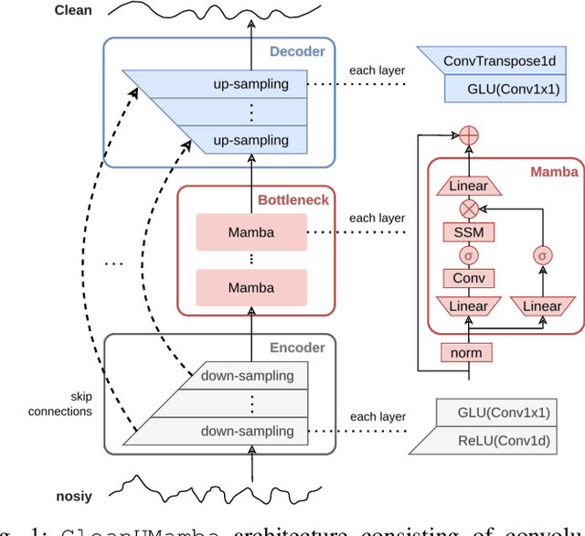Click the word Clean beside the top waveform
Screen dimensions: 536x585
point(73,11)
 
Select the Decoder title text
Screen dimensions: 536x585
point(296,52)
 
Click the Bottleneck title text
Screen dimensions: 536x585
point(293,199)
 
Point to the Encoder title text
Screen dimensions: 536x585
point(297,348)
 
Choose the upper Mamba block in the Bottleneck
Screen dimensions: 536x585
point(250,232)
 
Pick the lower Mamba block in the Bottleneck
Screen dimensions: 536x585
point(250,287)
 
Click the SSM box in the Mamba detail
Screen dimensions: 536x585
point(468,232)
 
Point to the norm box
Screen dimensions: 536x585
point(468,352)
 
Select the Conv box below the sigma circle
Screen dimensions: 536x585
point(468,278)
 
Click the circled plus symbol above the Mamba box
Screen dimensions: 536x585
point(468,134)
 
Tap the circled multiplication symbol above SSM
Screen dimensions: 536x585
point(468,209)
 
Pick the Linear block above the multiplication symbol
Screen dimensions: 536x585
point(468,186)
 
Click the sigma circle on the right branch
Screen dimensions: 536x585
point(542,255)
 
